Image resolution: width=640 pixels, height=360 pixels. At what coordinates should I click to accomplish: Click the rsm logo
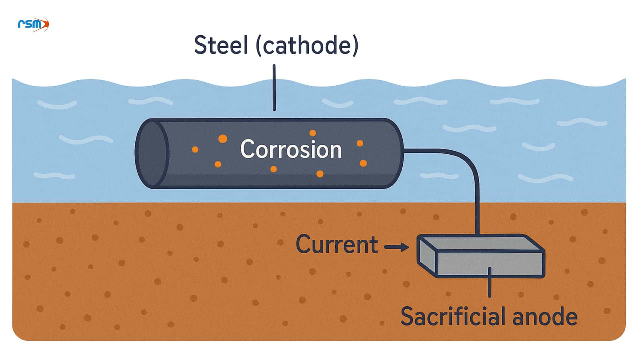[x=33, y=24]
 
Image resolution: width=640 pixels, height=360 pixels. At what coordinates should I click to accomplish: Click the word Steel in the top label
[x=221, y=45]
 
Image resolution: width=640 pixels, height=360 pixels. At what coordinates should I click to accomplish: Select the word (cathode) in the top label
[x=307, y=45]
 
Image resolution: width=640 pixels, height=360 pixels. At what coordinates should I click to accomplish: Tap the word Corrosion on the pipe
[x=291, y=149]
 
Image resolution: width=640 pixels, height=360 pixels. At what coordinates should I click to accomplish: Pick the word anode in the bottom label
[x=545, y=317]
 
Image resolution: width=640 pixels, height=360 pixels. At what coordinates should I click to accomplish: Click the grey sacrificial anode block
[x=490, y=263]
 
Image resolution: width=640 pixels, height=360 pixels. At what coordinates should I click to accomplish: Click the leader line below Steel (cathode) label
[x=274, y=88]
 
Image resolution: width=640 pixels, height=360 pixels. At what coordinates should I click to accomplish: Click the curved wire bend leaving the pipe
[x=467, y=160]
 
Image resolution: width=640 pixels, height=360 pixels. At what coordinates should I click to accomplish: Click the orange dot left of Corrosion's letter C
[x=223, y=139]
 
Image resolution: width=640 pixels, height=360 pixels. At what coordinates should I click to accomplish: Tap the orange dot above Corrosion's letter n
[x=312, y=133]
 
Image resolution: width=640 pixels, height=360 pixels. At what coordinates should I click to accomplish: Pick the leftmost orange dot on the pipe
[x=195, y=150]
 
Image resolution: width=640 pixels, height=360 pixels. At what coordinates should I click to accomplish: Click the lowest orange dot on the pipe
[x=320, y=174]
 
